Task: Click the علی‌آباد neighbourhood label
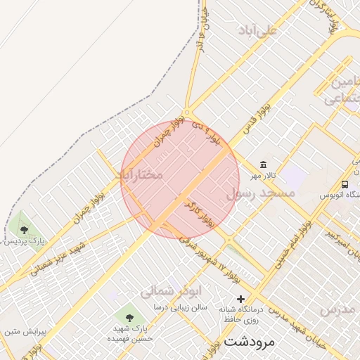[x=258, y=30]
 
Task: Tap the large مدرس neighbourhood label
[x=340, y=309]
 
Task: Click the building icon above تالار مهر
[x=263, y=164]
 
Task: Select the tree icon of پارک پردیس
[x=25, y=229]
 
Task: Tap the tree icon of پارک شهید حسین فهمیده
[x=129, y=313]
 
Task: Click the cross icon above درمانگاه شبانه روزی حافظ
[x=240, y=299]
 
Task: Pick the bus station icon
[x=345, y=184]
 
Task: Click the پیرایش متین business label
[x=21, y=330]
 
